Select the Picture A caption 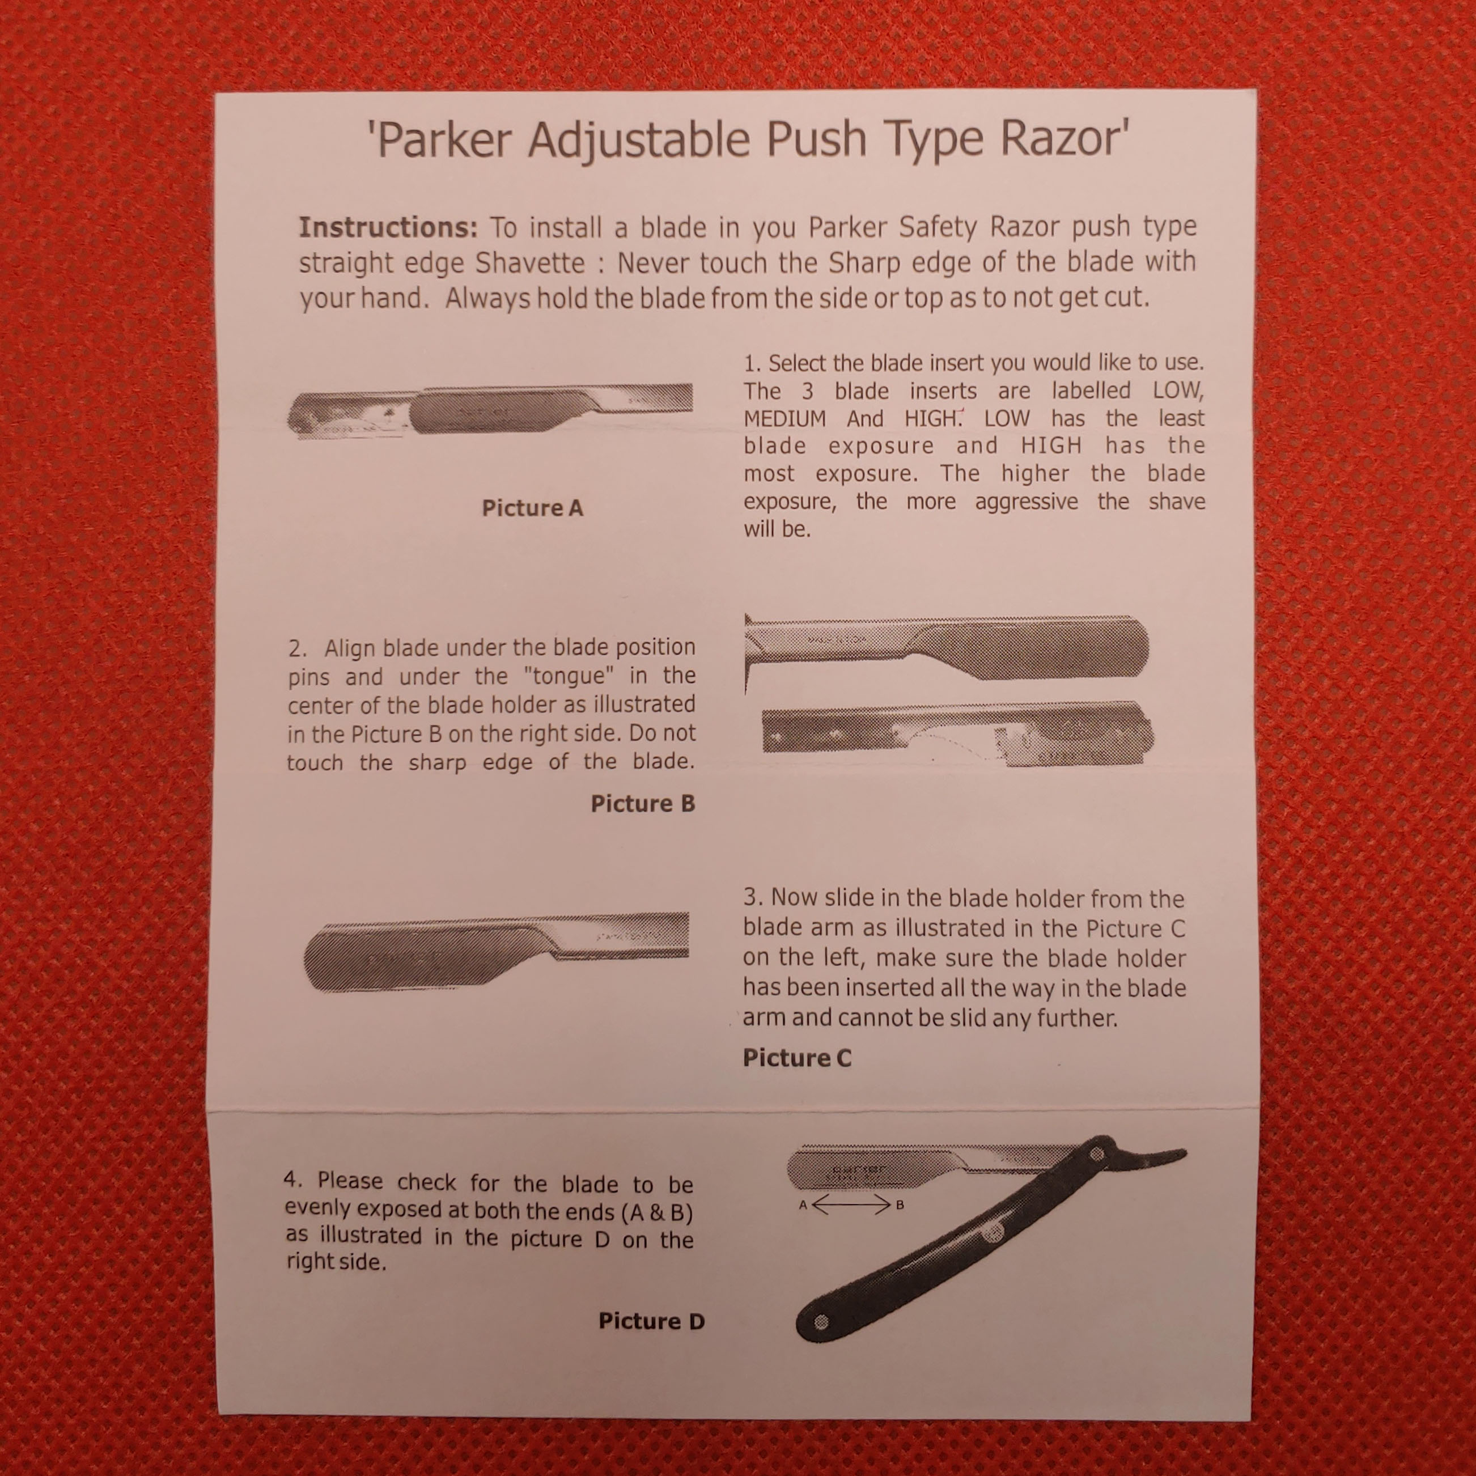[532, 508]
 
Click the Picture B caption [643, 803]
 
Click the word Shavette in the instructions [529, 263]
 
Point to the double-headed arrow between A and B [851, 1205]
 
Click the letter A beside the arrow [803, 1205]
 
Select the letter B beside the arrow [900, 1206]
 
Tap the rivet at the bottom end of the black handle [821, 1322]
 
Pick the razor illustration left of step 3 [497, 952]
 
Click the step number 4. [291, 1180]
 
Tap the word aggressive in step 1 [1026, 502]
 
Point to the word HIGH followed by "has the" [1051, 446]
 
